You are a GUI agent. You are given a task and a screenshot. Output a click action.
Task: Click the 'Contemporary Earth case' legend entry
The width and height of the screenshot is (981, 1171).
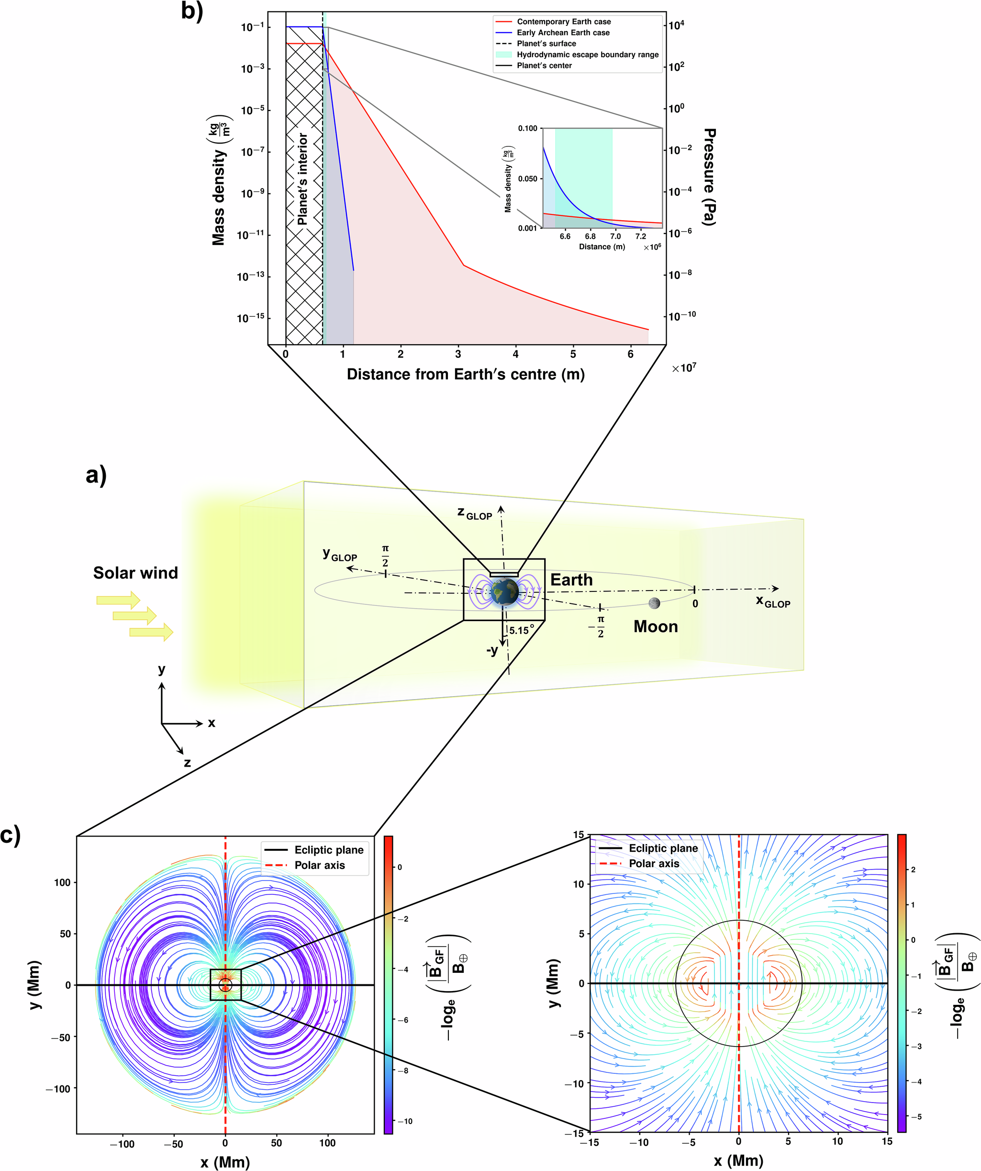point(563,22)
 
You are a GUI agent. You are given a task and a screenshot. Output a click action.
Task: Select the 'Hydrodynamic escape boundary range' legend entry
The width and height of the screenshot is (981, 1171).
point(587,55)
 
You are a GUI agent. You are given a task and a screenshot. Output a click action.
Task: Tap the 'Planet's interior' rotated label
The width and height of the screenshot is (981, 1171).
point(302,179)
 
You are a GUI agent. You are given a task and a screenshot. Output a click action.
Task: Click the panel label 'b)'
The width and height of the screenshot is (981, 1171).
point(192,11)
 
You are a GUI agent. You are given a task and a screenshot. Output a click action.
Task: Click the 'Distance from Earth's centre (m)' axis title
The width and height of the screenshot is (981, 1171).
point(466,374)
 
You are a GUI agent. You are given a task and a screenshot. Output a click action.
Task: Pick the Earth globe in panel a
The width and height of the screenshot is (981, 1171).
point(505,592)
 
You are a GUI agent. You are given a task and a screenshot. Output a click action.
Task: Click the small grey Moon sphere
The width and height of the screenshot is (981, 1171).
point(654,603)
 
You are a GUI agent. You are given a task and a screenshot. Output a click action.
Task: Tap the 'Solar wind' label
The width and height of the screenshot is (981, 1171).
point(135,573)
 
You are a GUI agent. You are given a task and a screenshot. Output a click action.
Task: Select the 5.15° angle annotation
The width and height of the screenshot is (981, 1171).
point(521,630)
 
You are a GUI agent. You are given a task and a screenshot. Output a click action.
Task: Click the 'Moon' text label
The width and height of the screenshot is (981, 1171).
point(655,626)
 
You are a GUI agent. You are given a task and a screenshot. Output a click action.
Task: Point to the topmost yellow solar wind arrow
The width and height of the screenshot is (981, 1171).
point(118,600)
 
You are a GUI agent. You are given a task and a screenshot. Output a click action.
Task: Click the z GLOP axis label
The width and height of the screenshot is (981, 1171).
point(475,513)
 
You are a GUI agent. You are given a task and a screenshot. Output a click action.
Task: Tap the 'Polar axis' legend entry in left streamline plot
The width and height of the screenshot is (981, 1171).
point(320,865)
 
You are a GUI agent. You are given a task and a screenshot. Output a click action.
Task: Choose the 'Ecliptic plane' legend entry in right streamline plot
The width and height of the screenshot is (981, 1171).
point(663,848)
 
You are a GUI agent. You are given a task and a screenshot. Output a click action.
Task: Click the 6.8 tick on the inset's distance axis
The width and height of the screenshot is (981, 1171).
point(590,236)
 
